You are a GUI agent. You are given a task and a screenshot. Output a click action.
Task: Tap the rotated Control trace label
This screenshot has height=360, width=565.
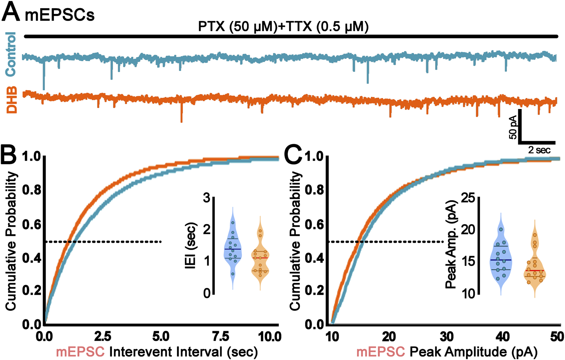(x=11, y=53)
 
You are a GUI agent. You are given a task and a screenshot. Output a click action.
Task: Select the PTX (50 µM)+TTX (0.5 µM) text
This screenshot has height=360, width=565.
(x=283, y=27)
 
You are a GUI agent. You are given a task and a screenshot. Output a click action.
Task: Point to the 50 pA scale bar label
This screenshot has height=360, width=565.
(x=513, y=127)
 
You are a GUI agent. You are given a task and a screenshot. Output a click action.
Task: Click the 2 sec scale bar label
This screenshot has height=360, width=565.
(x=539, y=150)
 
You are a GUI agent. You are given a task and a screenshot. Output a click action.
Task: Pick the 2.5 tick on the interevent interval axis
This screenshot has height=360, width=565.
(x=103, y=337)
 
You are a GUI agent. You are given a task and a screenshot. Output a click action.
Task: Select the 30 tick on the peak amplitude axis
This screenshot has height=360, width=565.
(x=446, y=337)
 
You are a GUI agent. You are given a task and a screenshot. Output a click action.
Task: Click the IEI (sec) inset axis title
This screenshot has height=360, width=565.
(x=190, y=246)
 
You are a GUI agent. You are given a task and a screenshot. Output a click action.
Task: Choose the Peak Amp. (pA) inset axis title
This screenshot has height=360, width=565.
(x=451, y=244)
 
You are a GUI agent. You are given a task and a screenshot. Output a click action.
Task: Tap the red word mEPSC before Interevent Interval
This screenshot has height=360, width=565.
(x=80, y=352)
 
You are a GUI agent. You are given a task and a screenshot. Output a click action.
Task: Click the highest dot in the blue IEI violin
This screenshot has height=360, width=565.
(x=233, y=223)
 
